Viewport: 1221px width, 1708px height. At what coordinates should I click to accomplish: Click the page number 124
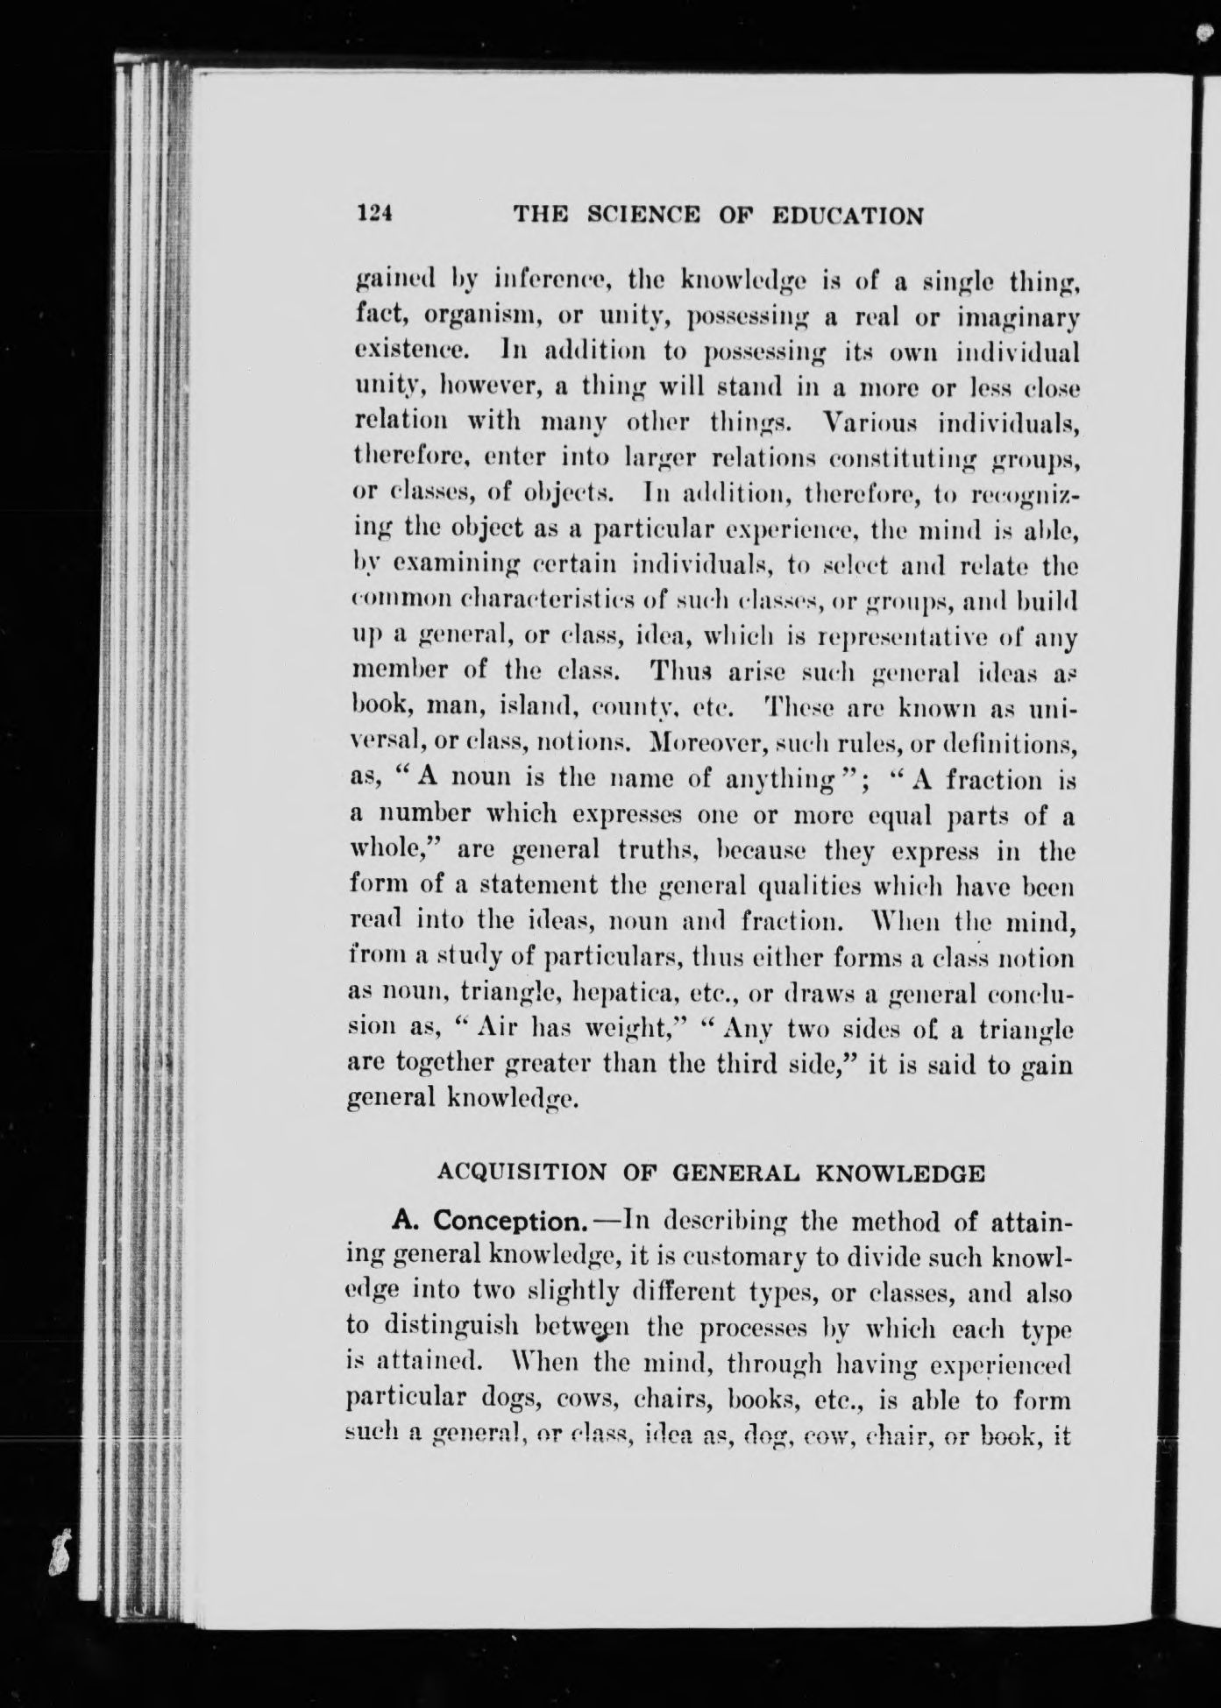tap(373, 214)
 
